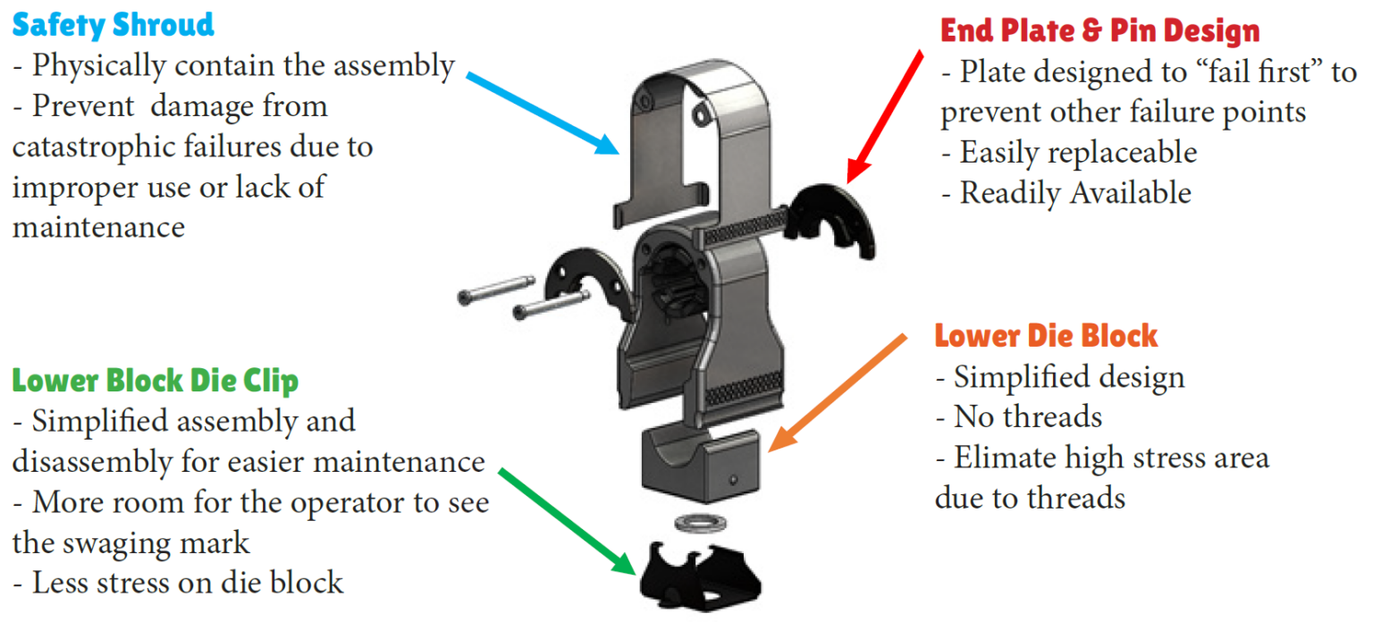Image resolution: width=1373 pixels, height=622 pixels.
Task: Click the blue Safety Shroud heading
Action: point(113,24)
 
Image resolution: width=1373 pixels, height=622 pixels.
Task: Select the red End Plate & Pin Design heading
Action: point(1099,31)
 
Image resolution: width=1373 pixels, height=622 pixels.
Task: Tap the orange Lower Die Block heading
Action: point(1046,336)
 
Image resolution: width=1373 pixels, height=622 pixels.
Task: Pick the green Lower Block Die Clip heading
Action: point(155,381)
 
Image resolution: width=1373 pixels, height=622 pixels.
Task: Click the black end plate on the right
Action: point(836,219)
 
